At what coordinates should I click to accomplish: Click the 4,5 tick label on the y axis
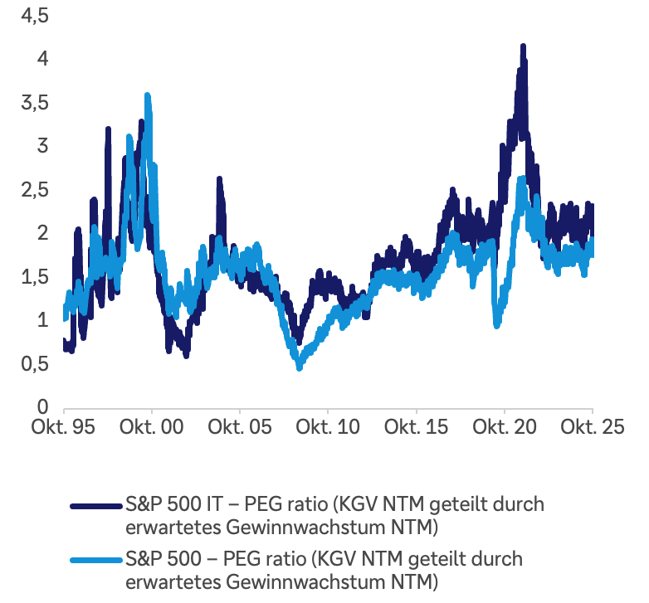click(x=24, y=16)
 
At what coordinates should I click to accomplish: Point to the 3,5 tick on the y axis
click(x=24, y=103)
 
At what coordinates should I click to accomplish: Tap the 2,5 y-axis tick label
click(x=24, y=190)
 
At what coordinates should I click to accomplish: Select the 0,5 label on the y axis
click(x=24, y=364)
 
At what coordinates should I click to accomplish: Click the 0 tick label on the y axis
click(x=34, y=407)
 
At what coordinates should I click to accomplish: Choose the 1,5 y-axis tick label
click(x=24, y=277)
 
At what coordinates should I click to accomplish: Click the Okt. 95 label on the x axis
click(x=64, y=427)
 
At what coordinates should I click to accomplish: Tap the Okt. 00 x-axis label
click(x=152, y=427)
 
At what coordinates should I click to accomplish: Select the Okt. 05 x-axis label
click(x=240, y=427)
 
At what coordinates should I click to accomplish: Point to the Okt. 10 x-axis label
click(x=328, y=427)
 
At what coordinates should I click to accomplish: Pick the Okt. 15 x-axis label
click(x=417, y=427)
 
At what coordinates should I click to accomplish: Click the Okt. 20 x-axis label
click(x=505, y=427)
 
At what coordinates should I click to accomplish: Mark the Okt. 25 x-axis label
click(x=591, y=427)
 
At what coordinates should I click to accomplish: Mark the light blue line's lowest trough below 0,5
click(x=299, y=367)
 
